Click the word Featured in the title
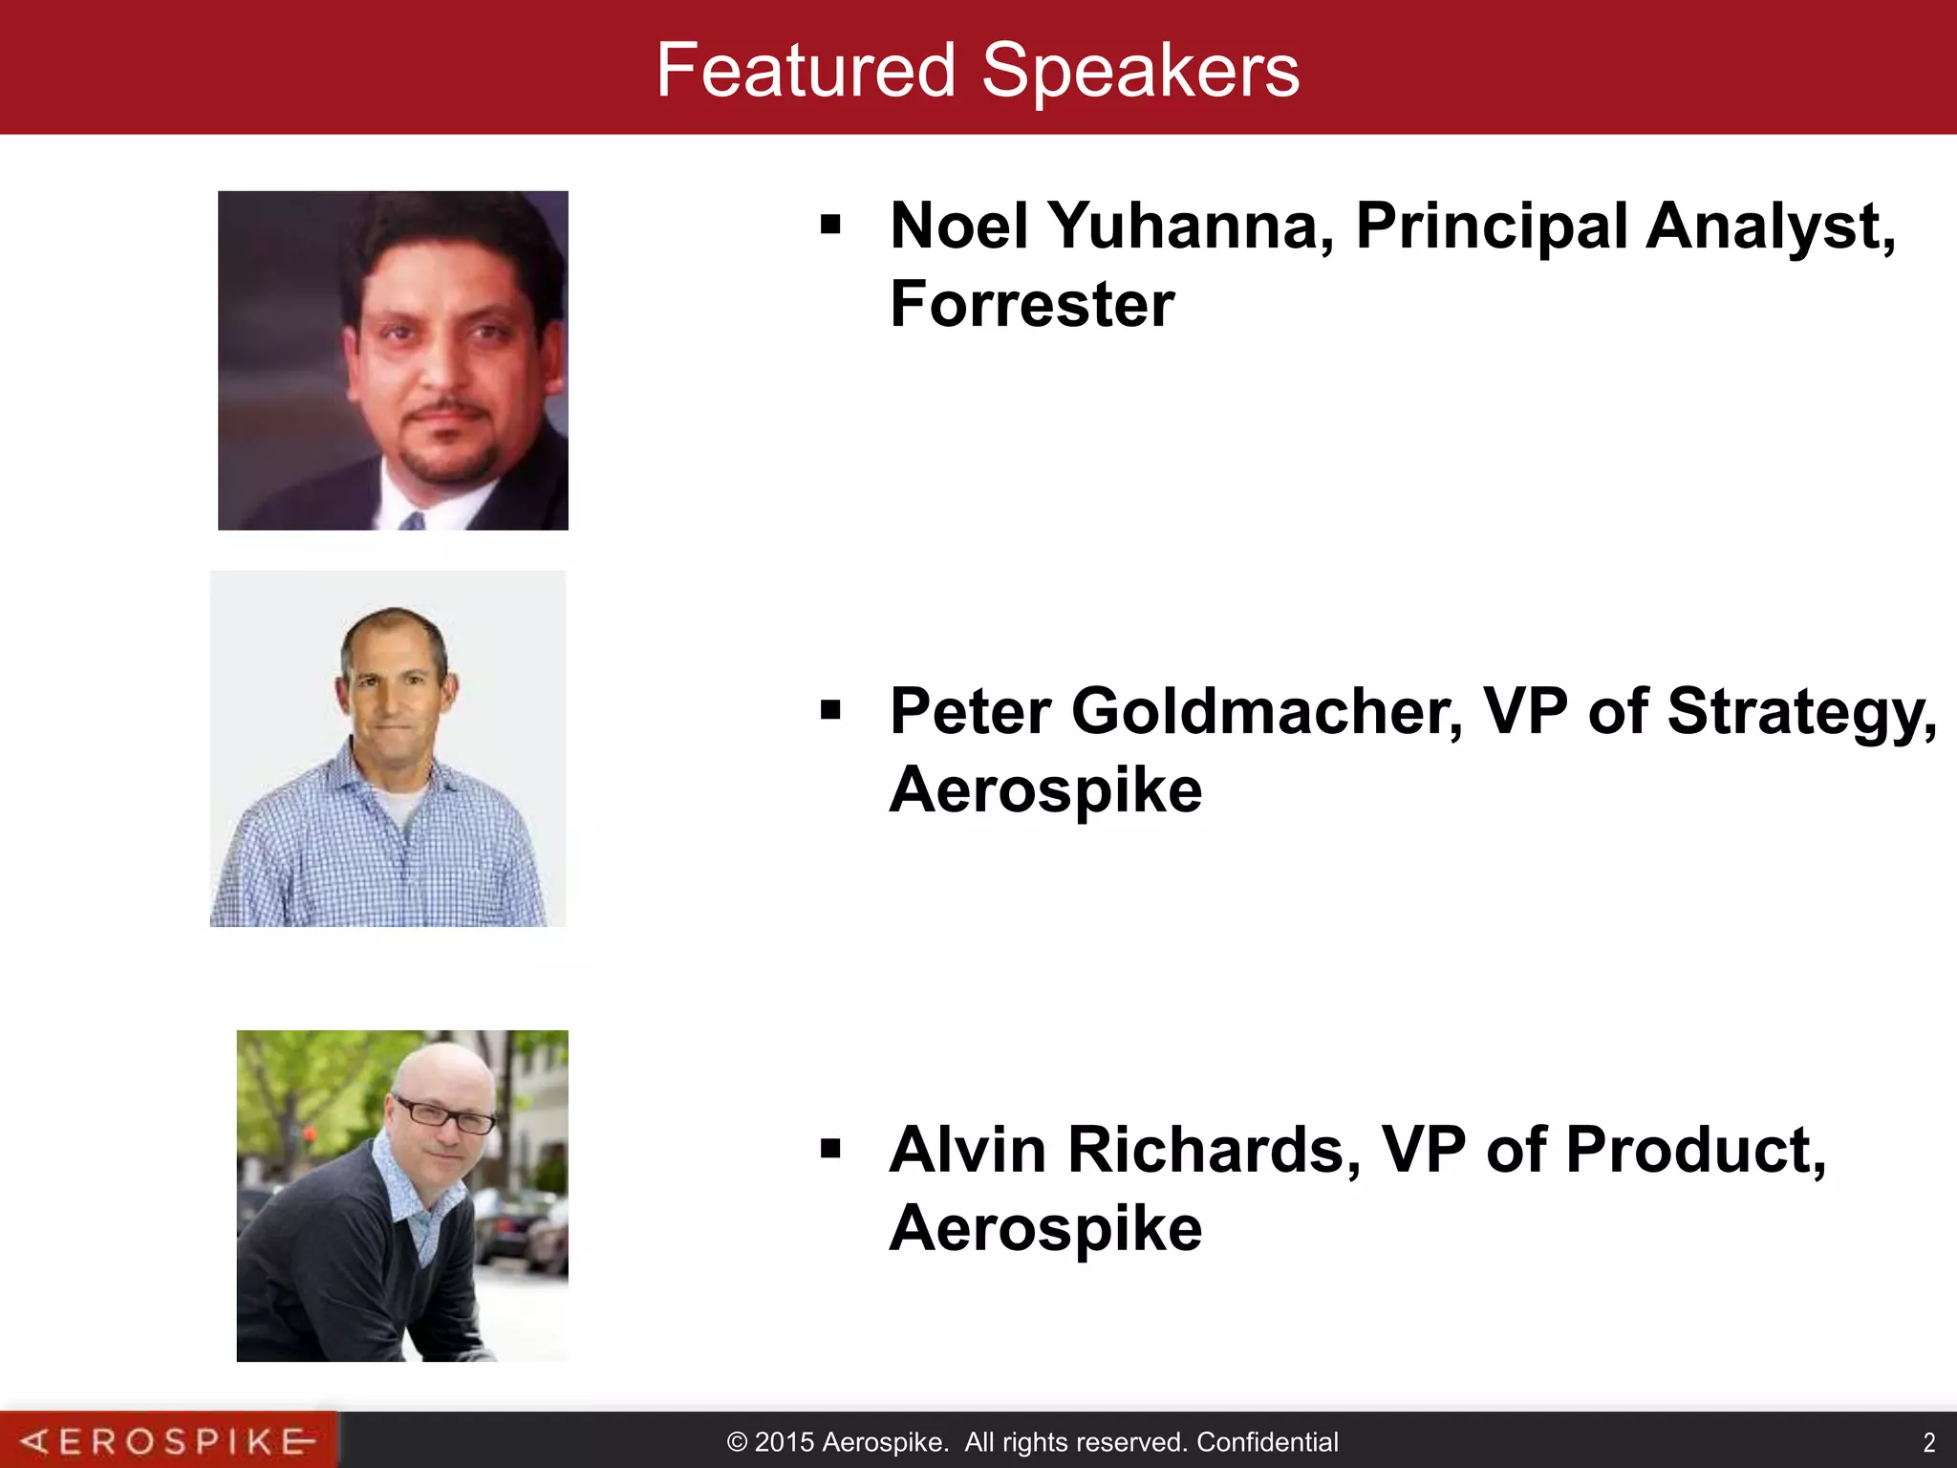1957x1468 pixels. (x=806, y=71)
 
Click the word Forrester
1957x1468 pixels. (x=1032, y=305)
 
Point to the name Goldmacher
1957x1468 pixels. (x=1266, y=712)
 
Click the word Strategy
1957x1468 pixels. (x=1801, y=712)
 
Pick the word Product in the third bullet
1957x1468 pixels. (x=1695, y=1150)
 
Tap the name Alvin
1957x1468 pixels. (x=967, y=1150)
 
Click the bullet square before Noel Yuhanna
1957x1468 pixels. (x=830, y=226)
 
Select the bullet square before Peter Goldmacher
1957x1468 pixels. (x=830, y=710)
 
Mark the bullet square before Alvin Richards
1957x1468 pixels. (x=830, y=1148)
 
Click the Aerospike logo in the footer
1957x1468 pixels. (x=168, y=1440)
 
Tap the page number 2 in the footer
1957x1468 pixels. (x=1928, y=1442)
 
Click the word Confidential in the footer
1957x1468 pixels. (x=1267, y=1442)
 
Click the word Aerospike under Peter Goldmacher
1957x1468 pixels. (x=1045, y=790)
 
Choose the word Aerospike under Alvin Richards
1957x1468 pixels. (x=1045, y=1228)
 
